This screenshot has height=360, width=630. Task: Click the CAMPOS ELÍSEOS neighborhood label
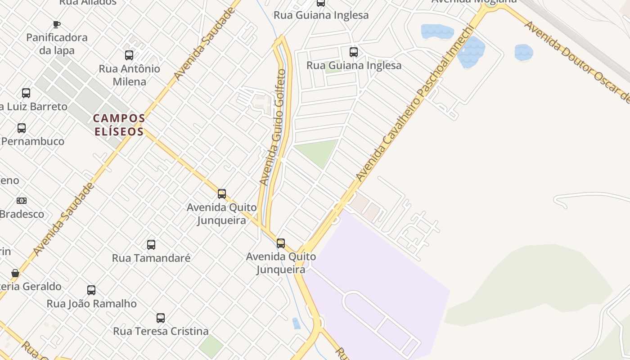tap(119, 125)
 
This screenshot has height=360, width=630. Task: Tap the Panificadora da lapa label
tap(57, 44)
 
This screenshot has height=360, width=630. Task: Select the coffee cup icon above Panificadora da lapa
tap(57, 24)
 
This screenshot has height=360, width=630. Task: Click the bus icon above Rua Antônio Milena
tap(129, 55)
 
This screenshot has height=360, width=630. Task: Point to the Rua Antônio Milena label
tap(130, 75)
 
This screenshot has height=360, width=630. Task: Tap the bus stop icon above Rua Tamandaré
tap(151, 245)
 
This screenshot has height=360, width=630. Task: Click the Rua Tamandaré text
tap(151, 258)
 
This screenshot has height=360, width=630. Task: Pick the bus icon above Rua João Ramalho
tap(91, 290)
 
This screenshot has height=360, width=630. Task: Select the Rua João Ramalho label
tap(92, 304)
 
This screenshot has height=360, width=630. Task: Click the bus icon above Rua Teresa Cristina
tap(161, 318)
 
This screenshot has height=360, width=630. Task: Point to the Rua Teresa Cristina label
tap(161, 332)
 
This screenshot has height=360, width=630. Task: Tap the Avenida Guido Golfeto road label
tap(274, 127)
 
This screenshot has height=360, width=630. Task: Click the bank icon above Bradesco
tap(22, 201)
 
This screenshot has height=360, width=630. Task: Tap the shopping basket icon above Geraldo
tap(15, 273)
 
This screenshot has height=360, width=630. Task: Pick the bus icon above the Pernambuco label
tap(22, 128)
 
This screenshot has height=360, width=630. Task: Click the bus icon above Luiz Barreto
tap(26, 93)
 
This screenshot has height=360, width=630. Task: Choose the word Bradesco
tap(22, 214)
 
